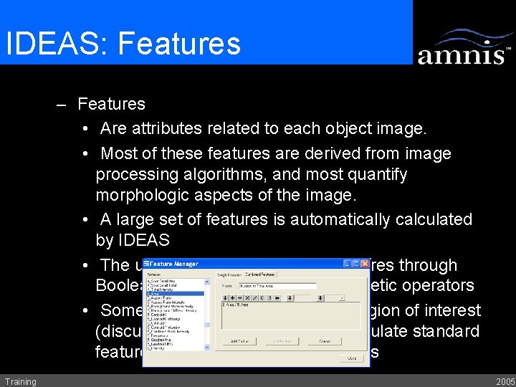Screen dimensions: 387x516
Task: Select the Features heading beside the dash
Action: (111, 105)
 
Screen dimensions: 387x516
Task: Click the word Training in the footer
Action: (20, 381)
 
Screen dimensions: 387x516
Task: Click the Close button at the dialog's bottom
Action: (351, 357)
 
